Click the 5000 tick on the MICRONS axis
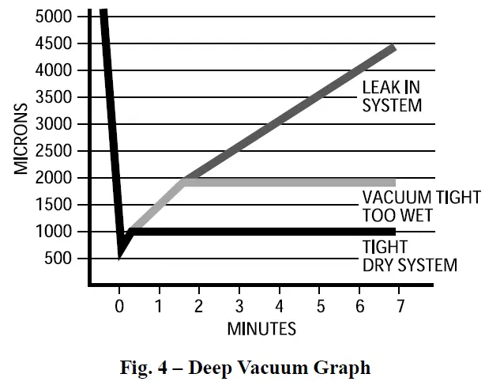[53, 17]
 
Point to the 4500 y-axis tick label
[53, 43]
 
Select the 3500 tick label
[53, 97]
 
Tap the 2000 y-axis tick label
[53, 178]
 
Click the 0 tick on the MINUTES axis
[119, 304]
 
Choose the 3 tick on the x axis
[239, 304]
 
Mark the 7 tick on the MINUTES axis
[400, 304]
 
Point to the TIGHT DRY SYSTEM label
[409, 257]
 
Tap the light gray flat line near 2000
[292, 182]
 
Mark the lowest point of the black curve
[119, 255]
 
